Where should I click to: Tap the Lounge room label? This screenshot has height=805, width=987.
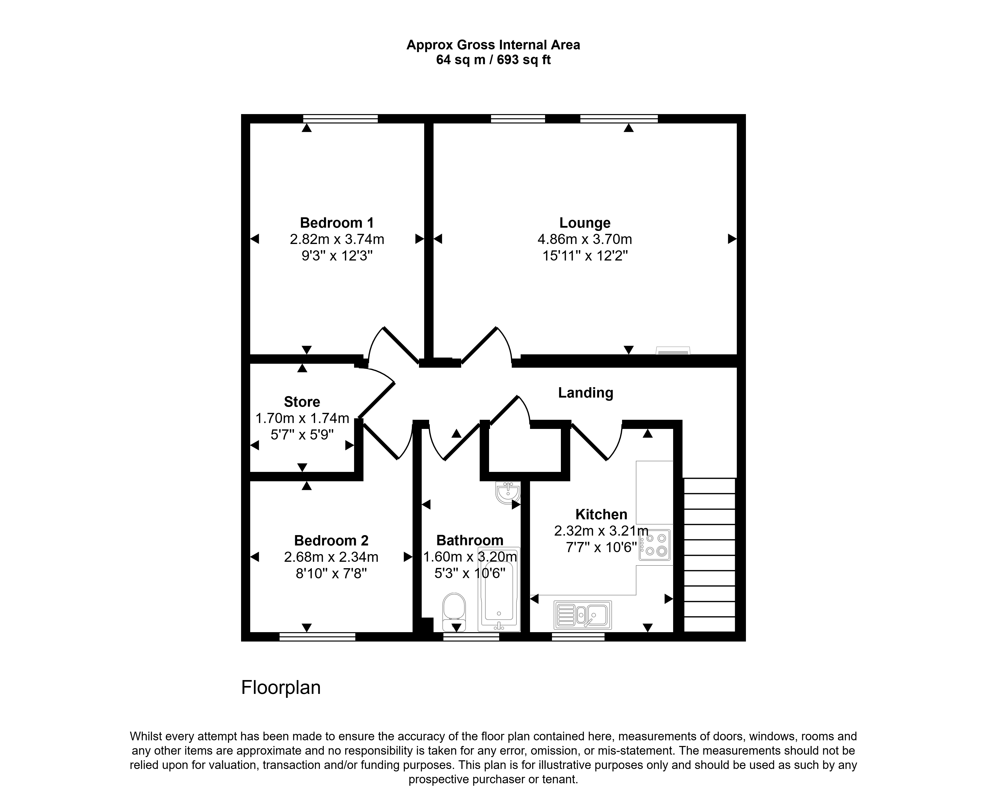pos(585,223)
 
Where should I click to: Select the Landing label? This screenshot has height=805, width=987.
pos(585,393)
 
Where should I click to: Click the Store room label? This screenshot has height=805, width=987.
pos(302,402)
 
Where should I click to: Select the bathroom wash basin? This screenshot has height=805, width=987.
pos(508,492)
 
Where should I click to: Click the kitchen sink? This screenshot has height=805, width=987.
pos(583,615)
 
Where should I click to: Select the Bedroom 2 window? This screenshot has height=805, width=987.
pos(317,637)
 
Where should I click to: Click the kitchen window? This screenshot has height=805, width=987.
pos(578,637)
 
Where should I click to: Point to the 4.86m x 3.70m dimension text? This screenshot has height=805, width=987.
pos(585,239)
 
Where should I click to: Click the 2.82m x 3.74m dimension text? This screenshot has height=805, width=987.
pos(337,239)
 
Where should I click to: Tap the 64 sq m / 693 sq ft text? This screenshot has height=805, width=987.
pos(493,60)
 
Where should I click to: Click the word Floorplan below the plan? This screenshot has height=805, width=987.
pos(281,687)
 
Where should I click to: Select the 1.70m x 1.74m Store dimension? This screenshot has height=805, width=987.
pos(302,418)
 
